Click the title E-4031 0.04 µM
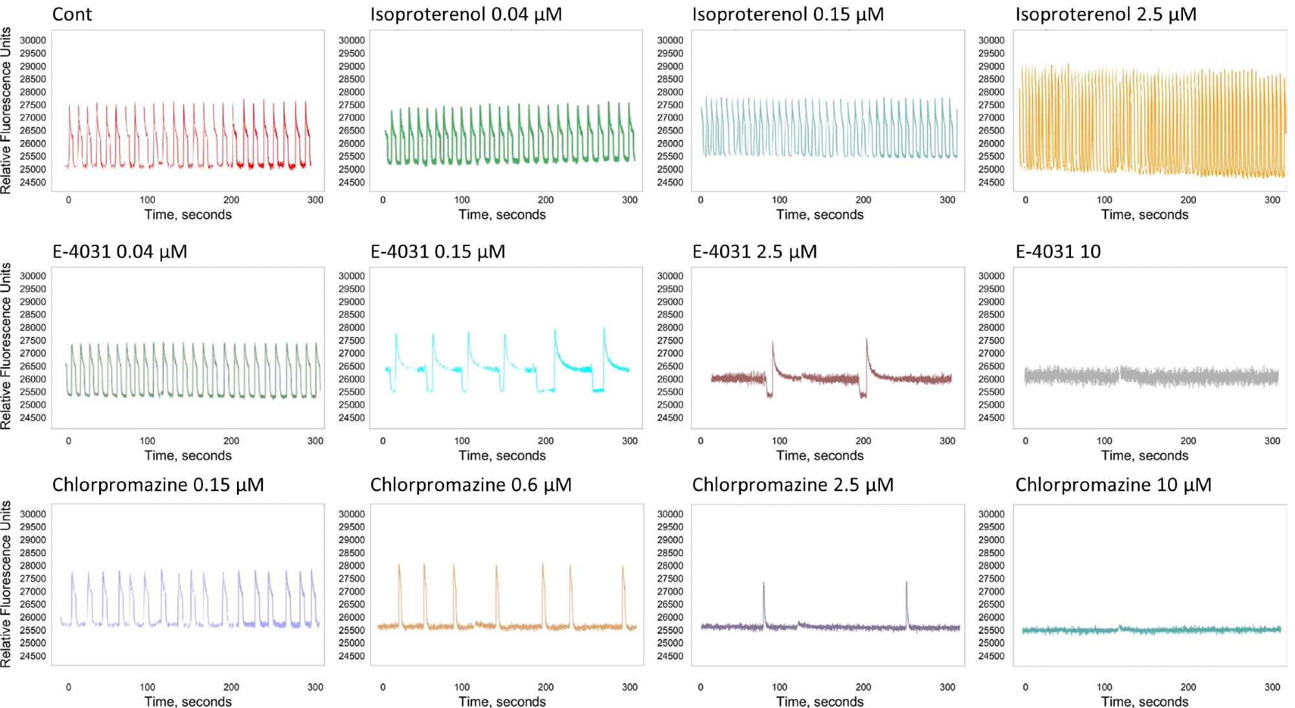[120, 251]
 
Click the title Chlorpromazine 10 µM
[1113, 485]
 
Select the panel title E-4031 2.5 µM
[754, 251]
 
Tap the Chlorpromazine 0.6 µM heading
[471, 485]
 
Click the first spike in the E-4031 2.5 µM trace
[772, 343]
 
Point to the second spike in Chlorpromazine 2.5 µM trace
[906, 584]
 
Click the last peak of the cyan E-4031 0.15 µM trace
[604, 329]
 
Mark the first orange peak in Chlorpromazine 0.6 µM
[399, 566]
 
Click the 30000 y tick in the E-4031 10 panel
[991, 276]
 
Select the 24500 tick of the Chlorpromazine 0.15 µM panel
[32, 656]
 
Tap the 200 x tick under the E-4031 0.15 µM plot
[546, 441]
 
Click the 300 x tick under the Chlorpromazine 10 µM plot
[1272, 687]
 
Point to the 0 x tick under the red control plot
[69, 200]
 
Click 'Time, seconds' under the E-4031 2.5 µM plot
[820, 455]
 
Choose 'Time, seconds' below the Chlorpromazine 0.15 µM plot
[188, 702]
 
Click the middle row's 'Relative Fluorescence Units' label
[6, 346]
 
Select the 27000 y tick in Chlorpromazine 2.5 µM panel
[670, 591]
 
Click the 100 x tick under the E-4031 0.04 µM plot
[148, 441]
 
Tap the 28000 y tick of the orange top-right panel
[991, 92]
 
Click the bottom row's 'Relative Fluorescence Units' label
[6, 584]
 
